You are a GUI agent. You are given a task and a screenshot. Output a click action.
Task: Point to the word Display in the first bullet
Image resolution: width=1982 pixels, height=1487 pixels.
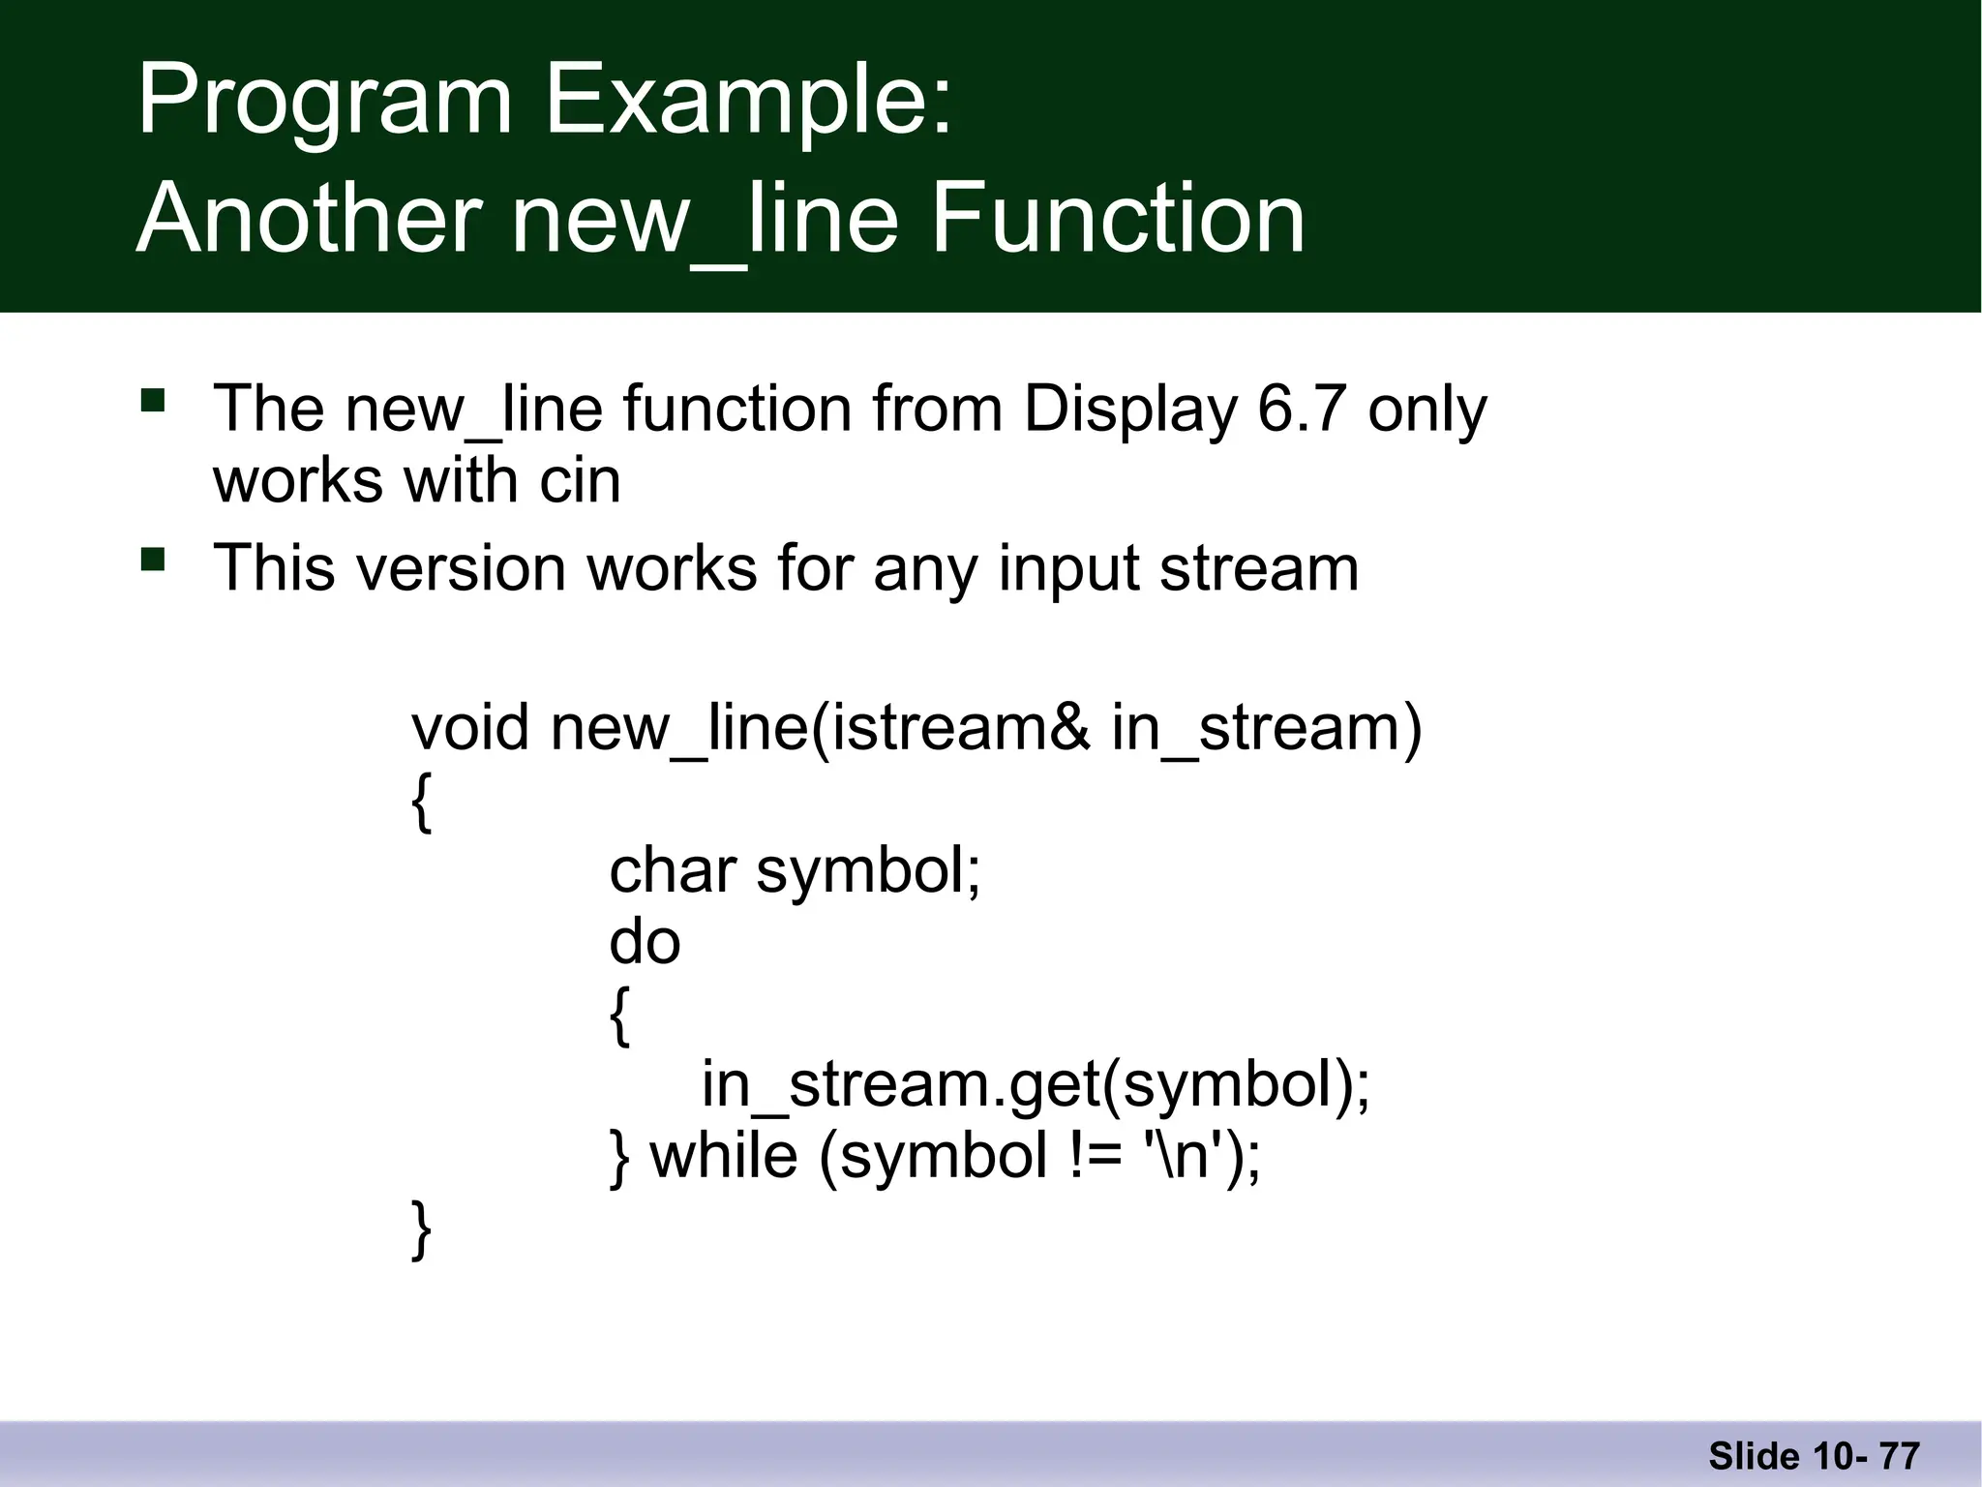tap(1129, 410)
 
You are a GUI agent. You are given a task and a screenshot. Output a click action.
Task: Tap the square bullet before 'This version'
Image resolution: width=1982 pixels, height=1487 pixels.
tap(153, 560)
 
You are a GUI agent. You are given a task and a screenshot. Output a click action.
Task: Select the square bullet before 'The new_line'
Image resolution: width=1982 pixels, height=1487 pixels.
tap(153, 401)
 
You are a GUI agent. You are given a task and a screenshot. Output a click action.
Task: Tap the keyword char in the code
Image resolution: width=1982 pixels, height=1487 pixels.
tap(672, 870)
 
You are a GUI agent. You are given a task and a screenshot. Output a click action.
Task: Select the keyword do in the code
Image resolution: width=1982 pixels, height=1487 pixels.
tap(645, 941)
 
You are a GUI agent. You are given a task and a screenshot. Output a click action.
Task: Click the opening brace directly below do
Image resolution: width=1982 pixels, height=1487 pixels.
tap(619, 1016)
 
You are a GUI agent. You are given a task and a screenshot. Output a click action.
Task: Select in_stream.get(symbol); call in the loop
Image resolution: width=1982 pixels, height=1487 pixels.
tap(1036, 1084)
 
